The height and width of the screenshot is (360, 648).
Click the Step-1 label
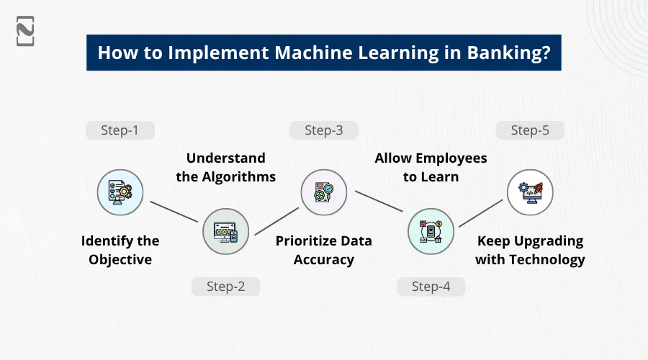point(120,130)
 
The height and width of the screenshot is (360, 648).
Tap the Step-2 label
point(225,287)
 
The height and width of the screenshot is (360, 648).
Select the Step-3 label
point(323,130)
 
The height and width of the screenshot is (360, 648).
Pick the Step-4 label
point(431,287)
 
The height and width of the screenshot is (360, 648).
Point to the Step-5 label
point(530,130)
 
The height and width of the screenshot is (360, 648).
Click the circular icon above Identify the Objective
point(120,192)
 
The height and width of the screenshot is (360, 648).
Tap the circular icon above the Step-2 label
point(225,231)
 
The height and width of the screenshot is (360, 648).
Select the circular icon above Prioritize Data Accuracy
point(323,192)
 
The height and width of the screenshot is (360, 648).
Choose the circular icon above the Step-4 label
point(431,231)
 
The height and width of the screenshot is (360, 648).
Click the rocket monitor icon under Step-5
point(530,192)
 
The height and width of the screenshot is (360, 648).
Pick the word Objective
point(120,260)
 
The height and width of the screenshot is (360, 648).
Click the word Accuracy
point(323,260)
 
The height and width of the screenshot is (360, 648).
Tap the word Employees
point(451,158)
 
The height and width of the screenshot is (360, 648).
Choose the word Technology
point(548,260)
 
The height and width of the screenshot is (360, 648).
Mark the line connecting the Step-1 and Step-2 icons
point(173,212)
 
